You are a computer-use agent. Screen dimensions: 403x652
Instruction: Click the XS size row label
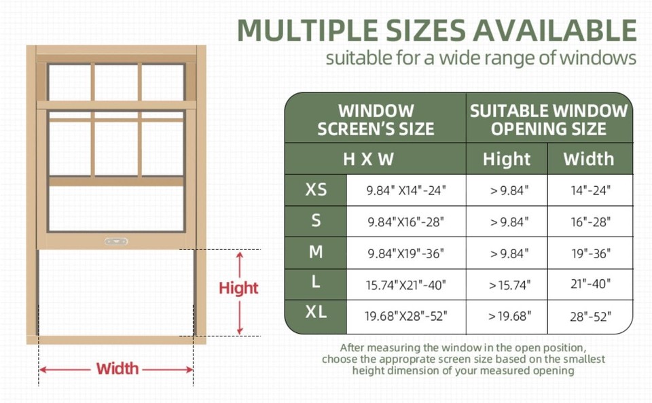316,190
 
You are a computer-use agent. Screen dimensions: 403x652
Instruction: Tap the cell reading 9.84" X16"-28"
406,222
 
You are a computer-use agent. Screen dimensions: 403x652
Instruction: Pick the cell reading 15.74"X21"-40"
406,284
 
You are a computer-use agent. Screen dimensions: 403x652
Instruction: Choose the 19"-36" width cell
590,253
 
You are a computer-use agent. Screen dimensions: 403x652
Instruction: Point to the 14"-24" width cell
590,191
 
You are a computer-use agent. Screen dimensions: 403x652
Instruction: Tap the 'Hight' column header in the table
507,160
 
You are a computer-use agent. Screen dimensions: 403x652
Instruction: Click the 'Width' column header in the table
590,160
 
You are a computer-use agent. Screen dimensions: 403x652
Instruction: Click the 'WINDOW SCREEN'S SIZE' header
376,120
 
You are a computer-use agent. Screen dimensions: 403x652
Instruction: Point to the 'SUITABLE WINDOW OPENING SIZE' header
549,120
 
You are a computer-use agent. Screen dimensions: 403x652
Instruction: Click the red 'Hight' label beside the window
238,288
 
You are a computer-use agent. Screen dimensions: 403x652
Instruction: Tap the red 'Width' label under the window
117,369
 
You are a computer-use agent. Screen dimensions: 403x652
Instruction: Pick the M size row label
316,252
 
